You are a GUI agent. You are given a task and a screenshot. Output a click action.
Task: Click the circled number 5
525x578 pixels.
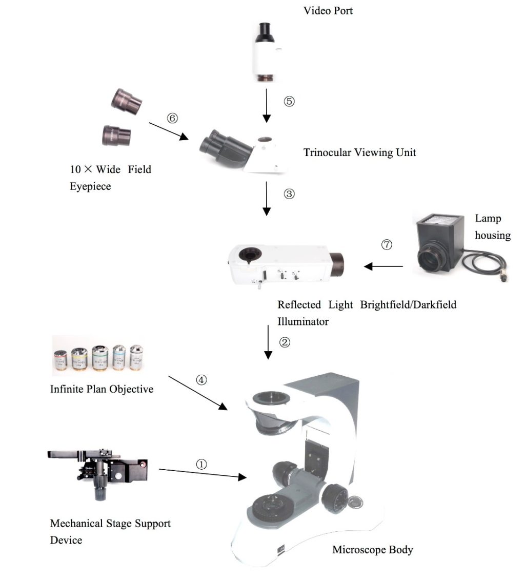(289, 101)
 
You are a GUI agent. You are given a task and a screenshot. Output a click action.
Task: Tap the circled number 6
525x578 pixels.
(172, 118)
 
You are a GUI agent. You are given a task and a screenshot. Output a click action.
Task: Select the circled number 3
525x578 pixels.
(289, 194)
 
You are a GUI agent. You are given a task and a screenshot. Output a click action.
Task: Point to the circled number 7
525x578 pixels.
(387, 244)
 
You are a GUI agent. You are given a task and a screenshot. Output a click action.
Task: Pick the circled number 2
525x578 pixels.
(285, 342)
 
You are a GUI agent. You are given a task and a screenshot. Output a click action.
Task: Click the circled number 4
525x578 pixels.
(201, 380)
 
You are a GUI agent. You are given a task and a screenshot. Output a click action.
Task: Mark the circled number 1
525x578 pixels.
(201, 465)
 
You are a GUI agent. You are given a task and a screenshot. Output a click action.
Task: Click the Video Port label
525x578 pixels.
(328, 11)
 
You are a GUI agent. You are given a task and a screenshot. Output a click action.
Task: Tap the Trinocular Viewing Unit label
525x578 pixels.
(360, 152)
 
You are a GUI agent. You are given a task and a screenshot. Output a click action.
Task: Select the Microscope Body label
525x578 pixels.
(373, 550)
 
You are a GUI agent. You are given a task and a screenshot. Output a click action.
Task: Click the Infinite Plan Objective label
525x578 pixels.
(102, 389)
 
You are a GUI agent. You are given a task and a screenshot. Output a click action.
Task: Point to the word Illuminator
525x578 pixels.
(302, 321)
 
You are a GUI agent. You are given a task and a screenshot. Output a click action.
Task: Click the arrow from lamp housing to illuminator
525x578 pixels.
(383, 266)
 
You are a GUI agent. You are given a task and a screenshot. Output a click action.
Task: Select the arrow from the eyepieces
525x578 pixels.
(169, 131)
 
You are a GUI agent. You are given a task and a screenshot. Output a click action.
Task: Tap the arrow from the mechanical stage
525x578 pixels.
(203, 474)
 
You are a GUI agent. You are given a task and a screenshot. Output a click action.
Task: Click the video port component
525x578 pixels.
(266, 52)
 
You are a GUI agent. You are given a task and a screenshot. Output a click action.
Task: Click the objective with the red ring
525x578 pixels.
(60, 360)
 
